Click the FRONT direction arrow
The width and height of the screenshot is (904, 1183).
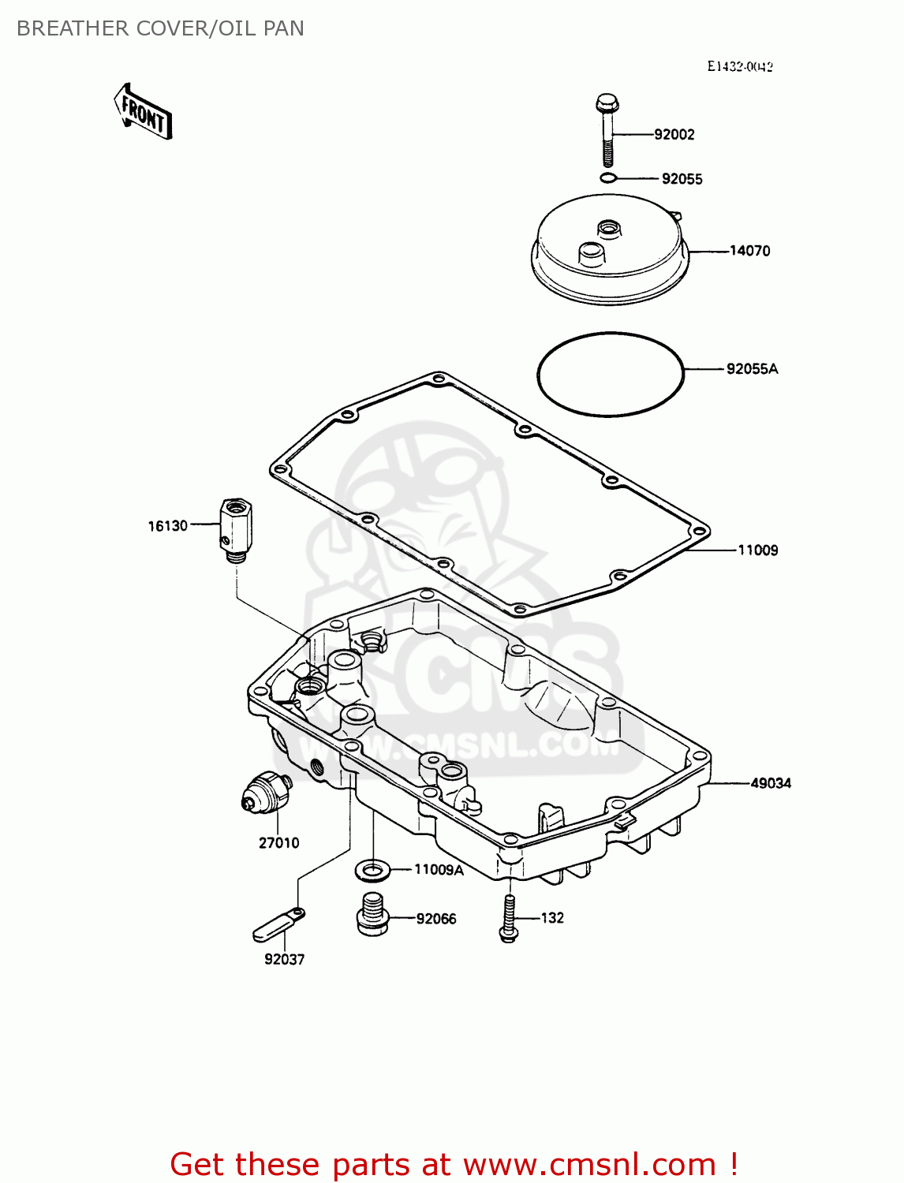[x=144, y=112]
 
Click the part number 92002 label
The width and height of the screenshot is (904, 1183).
[x=674, y=135]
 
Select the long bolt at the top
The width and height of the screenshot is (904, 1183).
[x=607, y=130]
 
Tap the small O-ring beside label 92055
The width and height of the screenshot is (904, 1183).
[x=607, y=178]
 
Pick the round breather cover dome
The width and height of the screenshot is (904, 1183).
[x=609, y=249]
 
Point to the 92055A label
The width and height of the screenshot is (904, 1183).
[x=751, y=369]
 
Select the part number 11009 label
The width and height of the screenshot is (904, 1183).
[x=757, y=550]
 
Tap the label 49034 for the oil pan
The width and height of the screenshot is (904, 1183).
[x=770, y=783]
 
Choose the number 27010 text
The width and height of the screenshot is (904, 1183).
[x=278, y=843]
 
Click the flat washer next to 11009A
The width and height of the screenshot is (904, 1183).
[x=372, y=871]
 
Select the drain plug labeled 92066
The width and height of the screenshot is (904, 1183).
[x=372, y=915]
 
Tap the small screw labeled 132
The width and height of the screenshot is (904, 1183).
[x=509, y=920]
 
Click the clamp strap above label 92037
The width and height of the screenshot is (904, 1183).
[x=278, y=925]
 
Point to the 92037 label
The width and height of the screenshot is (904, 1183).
[x=284, y=960]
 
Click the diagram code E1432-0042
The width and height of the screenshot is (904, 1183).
[x=739, y=67]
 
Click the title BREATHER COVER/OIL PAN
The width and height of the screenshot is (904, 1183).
[x=160, y=28]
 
